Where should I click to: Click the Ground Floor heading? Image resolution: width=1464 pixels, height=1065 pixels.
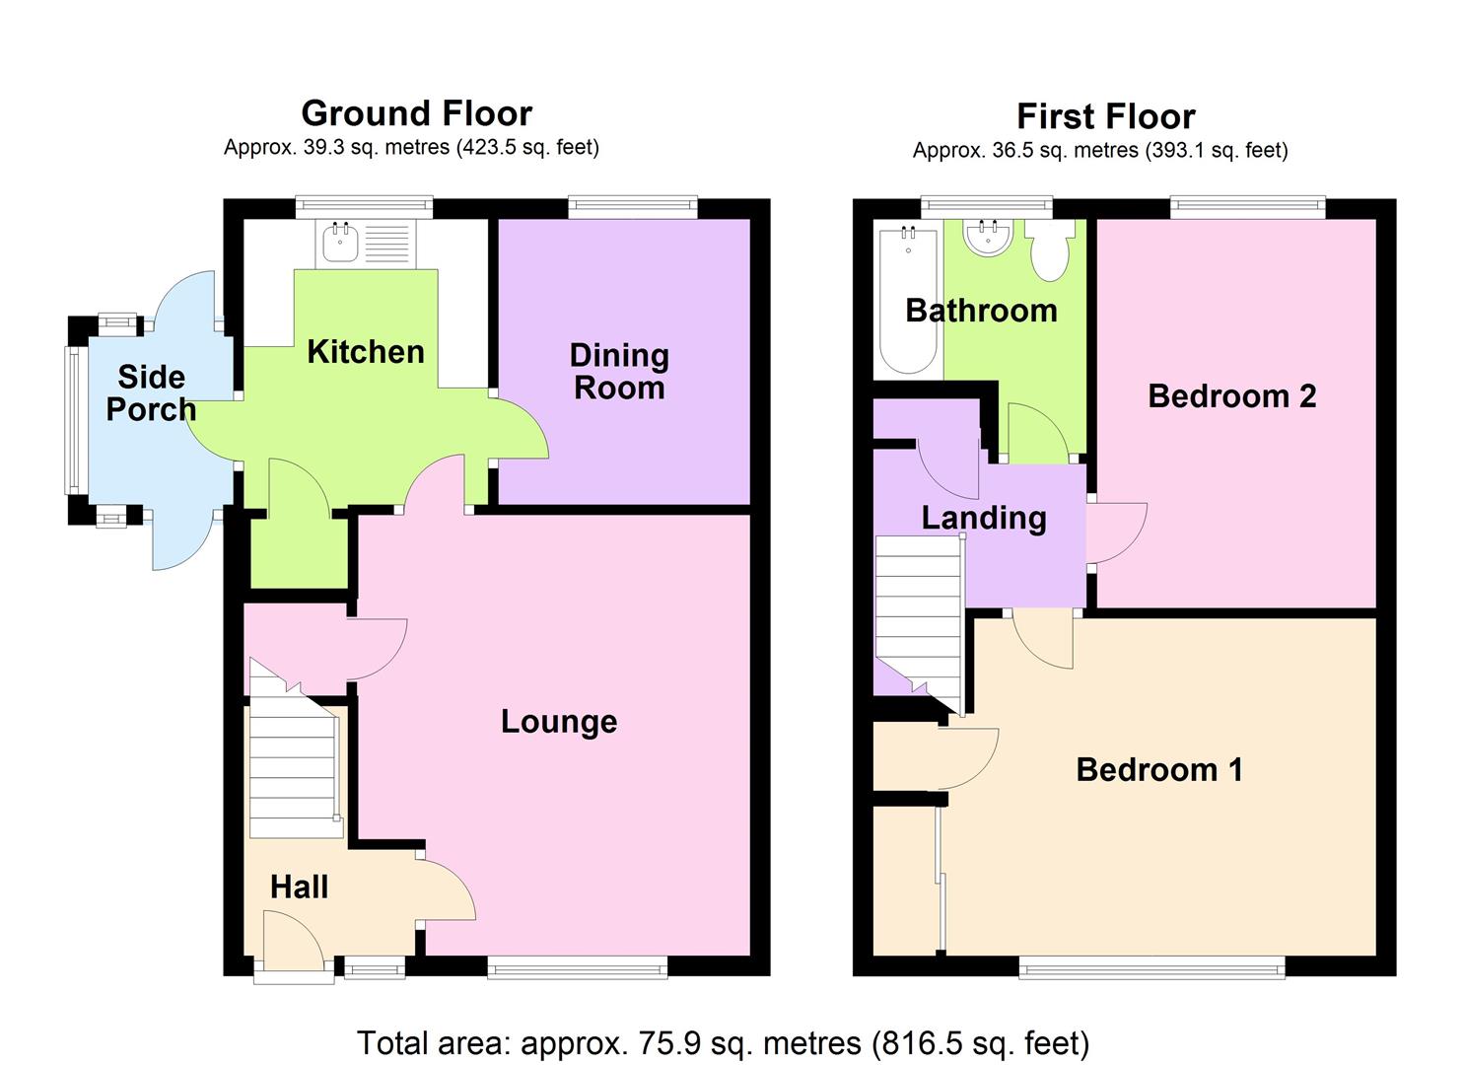click(x=416, y=113)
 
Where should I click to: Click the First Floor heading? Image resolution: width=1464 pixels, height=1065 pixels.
click(x=1105, y=116)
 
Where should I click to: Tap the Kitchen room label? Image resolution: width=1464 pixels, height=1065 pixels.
click(x=366, y=352)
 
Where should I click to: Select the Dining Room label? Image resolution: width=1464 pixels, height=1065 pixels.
click(x=619, y=371)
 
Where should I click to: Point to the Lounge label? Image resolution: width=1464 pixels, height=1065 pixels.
click(x=559, y=721)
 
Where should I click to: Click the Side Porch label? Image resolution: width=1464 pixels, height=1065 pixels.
click(x=151, y=392)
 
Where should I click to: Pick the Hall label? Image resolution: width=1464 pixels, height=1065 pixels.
click(x=299, y=887)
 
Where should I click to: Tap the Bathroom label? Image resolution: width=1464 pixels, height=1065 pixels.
click(x=981, y=311)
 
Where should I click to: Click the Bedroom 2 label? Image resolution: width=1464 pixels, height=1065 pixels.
click(x=1231, y=395)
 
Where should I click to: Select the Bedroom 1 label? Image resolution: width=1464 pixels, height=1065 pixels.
click(x=1158, y=769)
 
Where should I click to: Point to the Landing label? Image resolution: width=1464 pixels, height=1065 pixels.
click(x=984, y=518)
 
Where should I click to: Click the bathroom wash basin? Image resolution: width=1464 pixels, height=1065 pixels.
click(x=987, y=237)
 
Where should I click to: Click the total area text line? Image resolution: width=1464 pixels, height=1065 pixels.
click(x=723, y=1042)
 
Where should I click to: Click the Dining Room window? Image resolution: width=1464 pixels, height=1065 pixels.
click(x=632, y=205)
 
